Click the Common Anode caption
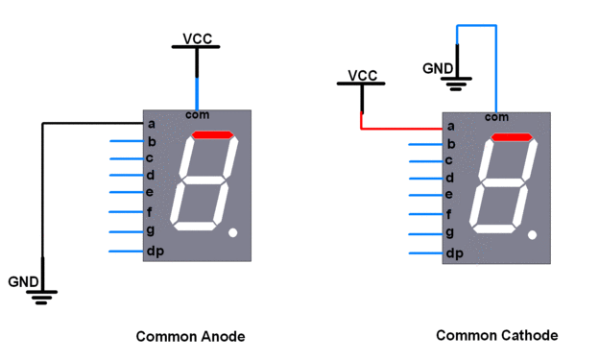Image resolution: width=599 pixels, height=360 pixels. pyautogui.click(x=190, y=336)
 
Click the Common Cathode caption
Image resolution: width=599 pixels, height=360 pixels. pyautogui.click(x=496, y=335)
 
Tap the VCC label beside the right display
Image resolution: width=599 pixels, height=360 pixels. pyautogui.click(x=362, y=76)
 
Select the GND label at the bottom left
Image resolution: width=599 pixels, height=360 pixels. pyautogui.click(x=23, y=281)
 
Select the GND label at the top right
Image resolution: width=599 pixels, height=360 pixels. pyautogui.click(x=438, y=68)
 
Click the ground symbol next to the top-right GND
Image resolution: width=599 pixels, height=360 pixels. pyautogui.click(x=457, y=83)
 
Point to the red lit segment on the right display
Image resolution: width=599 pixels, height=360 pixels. pyautogui.click(x=512, y=138)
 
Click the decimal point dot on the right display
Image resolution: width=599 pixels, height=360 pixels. pyautogui.click(x=533, y=234)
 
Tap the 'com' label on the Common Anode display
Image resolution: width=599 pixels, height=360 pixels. pyautogui.click(x=198, y=114)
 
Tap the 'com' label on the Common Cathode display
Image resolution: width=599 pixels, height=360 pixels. pyautogui.click(x=496, y=117)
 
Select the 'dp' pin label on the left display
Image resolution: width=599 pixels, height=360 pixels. pyautogui.click(x=153, y=252)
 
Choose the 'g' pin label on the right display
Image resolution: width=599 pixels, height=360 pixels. pyautogui.click(x=449, y=233)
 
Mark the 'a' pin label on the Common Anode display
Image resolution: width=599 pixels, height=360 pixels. pyautogui.click(x=150, y=123)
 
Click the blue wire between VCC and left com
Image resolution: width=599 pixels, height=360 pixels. pyautogui.click(x=197, y=93)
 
